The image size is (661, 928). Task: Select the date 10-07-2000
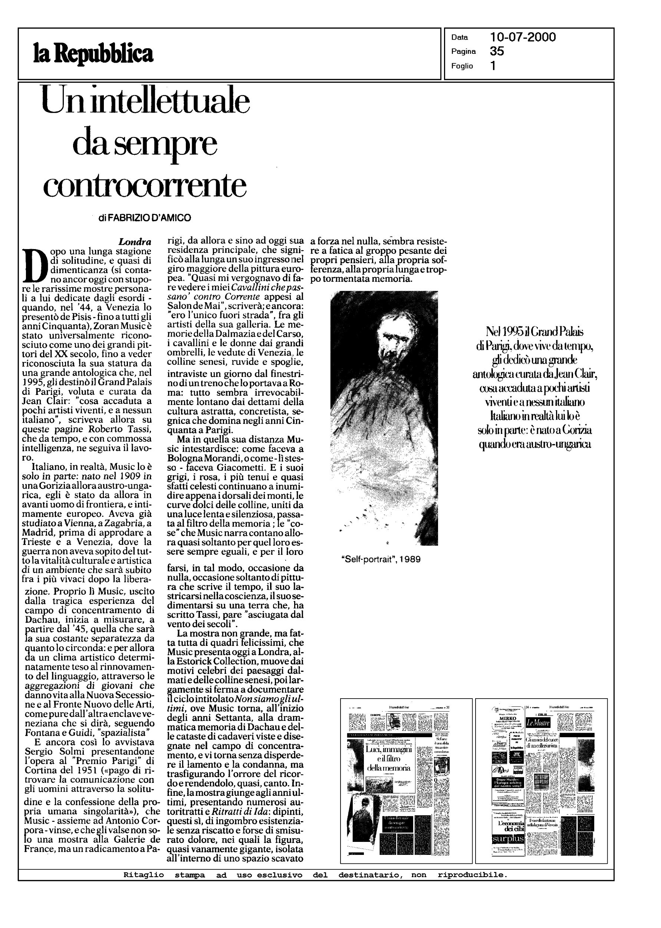pyautogui.click(x=523, y=37)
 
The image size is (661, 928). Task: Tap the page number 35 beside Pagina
pyautogui.click(x=497, y=51)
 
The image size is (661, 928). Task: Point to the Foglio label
pyautogui.click(x=462, y=66)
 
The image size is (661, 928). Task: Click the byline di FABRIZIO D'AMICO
pyautogui.click(x=145, y=218)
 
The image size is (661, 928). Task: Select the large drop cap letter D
pyautogui.click(x=34, y=265)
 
